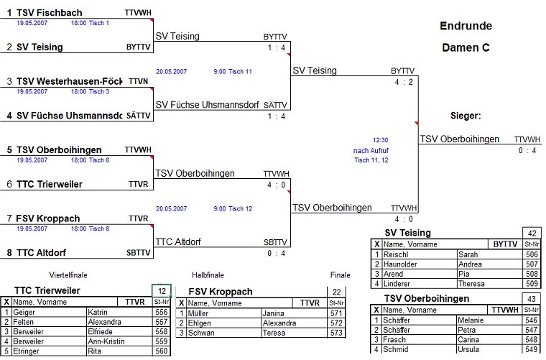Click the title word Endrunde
coord(466,26)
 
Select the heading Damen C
coord(466,48)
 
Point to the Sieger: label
coord(466,116)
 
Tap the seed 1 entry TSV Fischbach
coord(49,13)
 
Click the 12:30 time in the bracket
coord(380,140)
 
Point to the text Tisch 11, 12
coord(371,160)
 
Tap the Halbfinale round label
coord(208,275)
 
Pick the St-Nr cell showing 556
coord(161,313)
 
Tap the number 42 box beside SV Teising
coord(532,233)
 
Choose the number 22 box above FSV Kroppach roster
coord(336,292)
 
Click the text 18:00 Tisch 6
coord(89,160)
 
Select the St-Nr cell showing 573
coord(336,333)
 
